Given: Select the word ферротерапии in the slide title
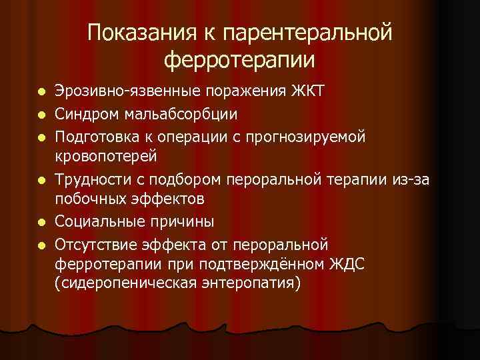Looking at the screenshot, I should click(x=239, y=59).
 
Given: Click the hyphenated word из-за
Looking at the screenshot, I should click(x=419, y=179).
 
